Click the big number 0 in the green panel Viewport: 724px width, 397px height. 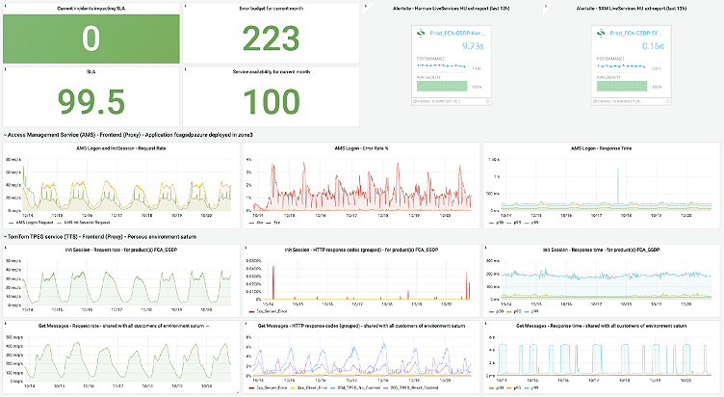click(90, 38)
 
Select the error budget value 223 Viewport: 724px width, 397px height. click(271, 39)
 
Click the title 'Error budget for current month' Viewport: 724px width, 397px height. click(271, 8)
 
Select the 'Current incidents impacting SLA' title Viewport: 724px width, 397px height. click(90, 8)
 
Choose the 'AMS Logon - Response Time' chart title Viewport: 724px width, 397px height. click(602, 148)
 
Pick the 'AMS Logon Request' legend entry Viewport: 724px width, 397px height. click(35, 221)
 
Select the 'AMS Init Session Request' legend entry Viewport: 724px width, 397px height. click(95, 221)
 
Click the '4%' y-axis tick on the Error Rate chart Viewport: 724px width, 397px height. click(249, 158)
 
